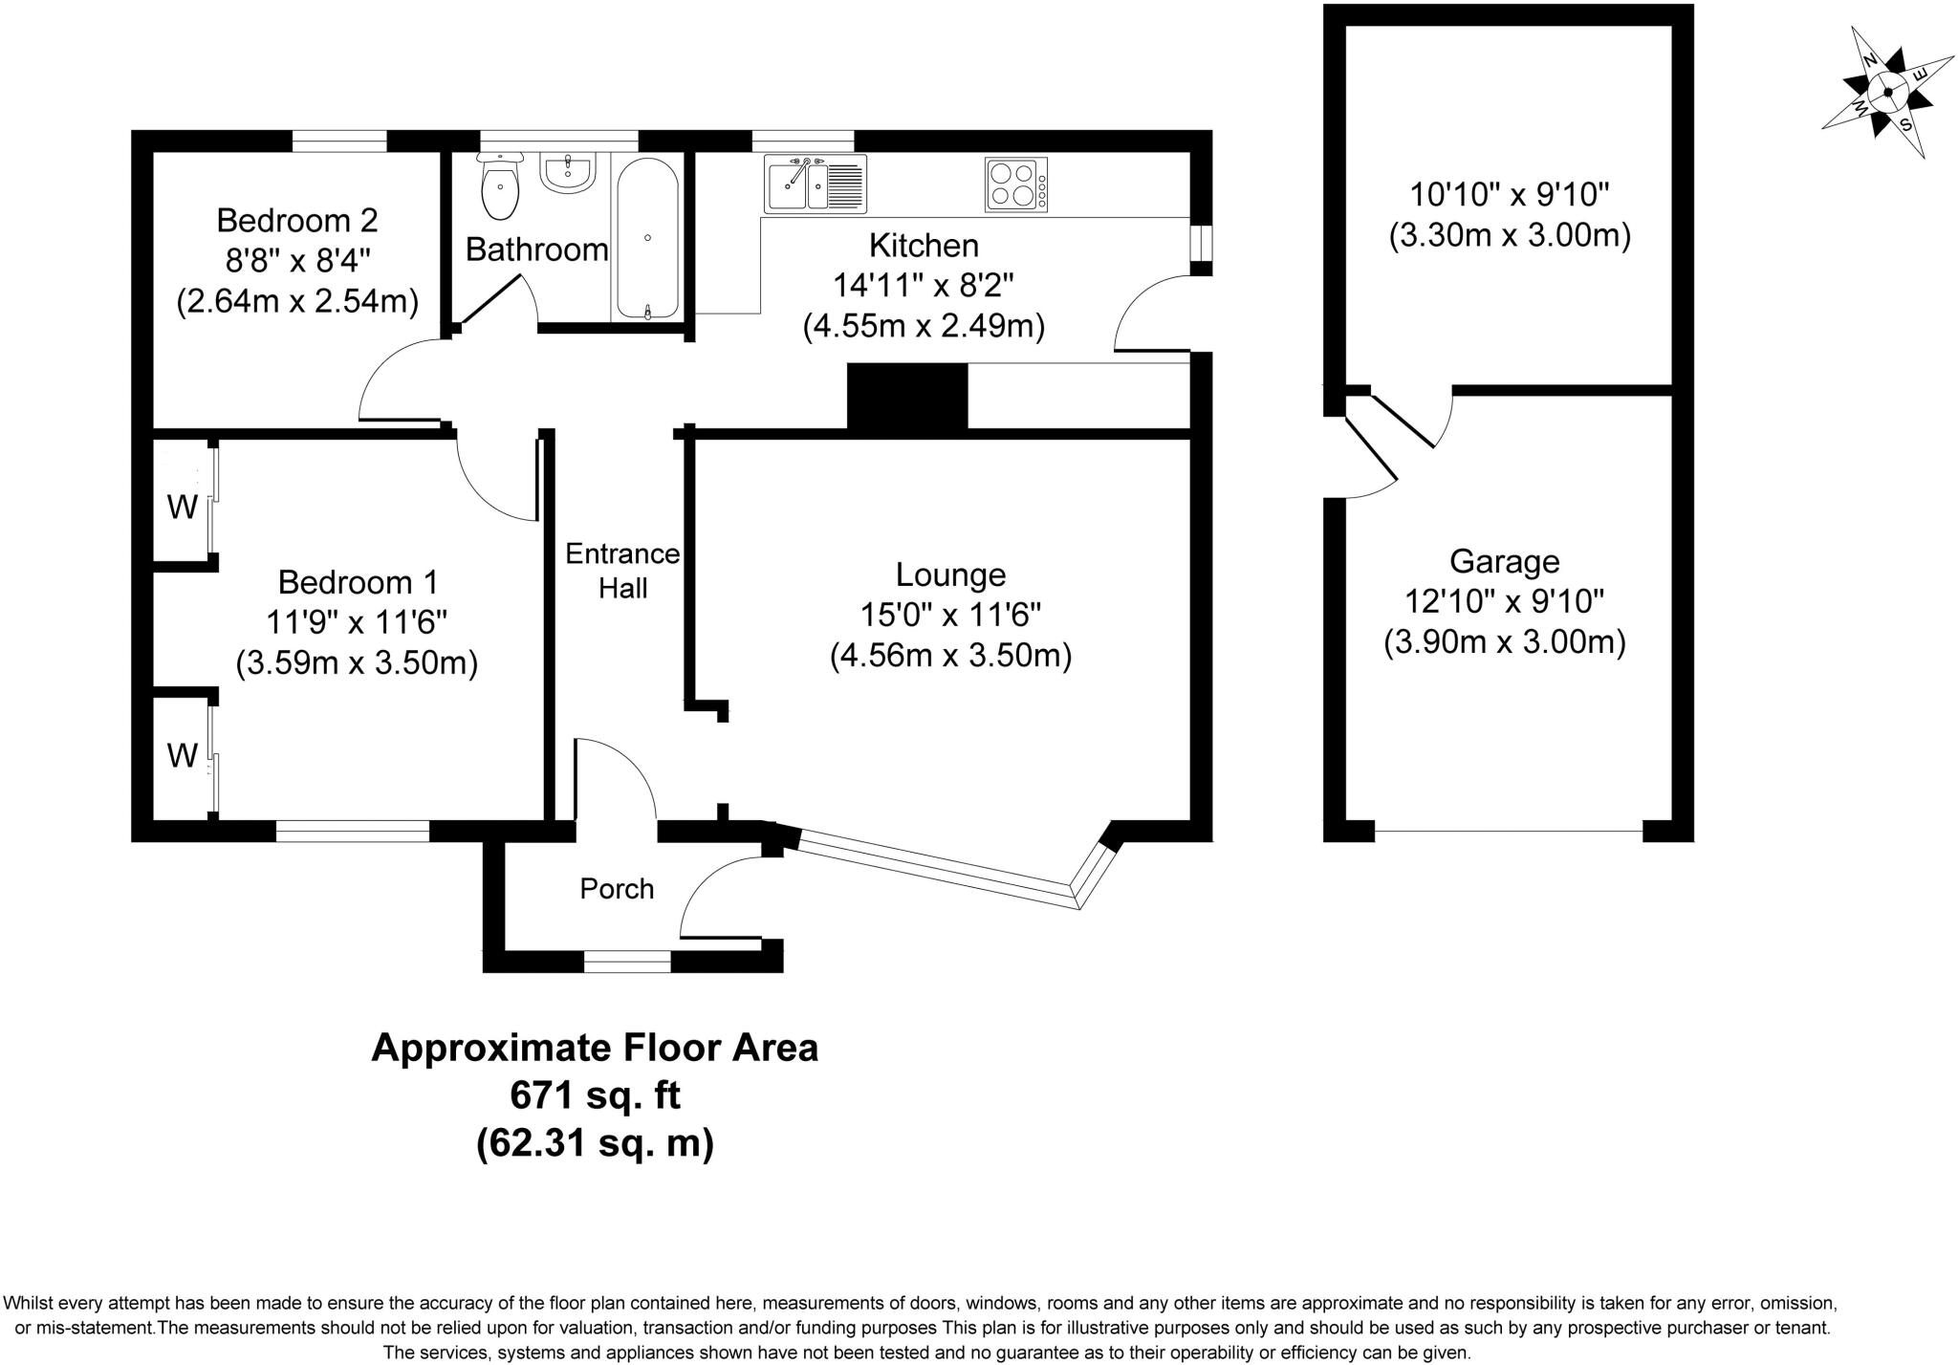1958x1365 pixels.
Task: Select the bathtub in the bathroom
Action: (x=647, y=238)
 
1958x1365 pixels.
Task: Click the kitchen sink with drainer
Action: (x=815, y=184)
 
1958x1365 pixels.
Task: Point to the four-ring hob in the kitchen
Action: (x=1014, y=184)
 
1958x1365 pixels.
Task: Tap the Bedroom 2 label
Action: (x=297, y=221)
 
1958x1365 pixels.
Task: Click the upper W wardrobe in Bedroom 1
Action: (x=183, y=506)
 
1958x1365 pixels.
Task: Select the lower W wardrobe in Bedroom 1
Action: (x=182, y=755)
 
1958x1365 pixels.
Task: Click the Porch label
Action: (x=617, y=889)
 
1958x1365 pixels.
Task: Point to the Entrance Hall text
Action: (x=622, y=571)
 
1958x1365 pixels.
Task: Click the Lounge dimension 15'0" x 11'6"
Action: (x=949, y=615)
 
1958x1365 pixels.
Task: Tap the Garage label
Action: (x=1504, y=561)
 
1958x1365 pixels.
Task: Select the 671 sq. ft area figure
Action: (x=595, y=1095)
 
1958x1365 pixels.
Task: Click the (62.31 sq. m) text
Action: (x=595, y=1142)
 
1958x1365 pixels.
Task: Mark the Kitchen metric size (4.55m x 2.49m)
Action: (x=924, y=327)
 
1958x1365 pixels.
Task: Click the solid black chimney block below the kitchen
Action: (x=907, y=397)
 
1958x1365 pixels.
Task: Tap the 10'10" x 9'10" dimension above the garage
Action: (x=1510, y=195)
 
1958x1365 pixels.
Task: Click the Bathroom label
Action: (x=536, y=249)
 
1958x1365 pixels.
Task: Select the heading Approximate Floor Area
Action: (x=595, y=1048)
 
